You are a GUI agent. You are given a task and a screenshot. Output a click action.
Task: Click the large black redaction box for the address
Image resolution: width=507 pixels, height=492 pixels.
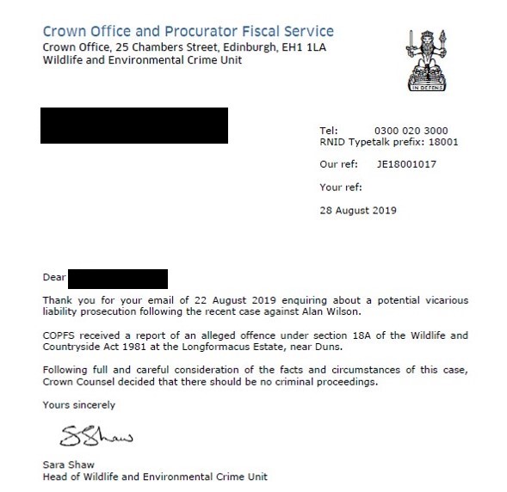tap(135, 126)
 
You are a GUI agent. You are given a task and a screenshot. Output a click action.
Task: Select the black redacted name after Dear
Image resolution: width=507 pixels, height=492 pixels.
tap(117, 279)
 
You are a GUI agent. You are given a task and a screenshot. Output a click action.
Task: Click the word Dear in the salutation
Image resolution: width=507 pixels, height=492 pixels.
tap(54, 279)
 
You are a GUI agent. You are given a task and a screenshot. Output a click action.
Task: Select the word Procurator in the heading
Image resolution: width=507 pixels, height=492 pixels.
tap(206, 31)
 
